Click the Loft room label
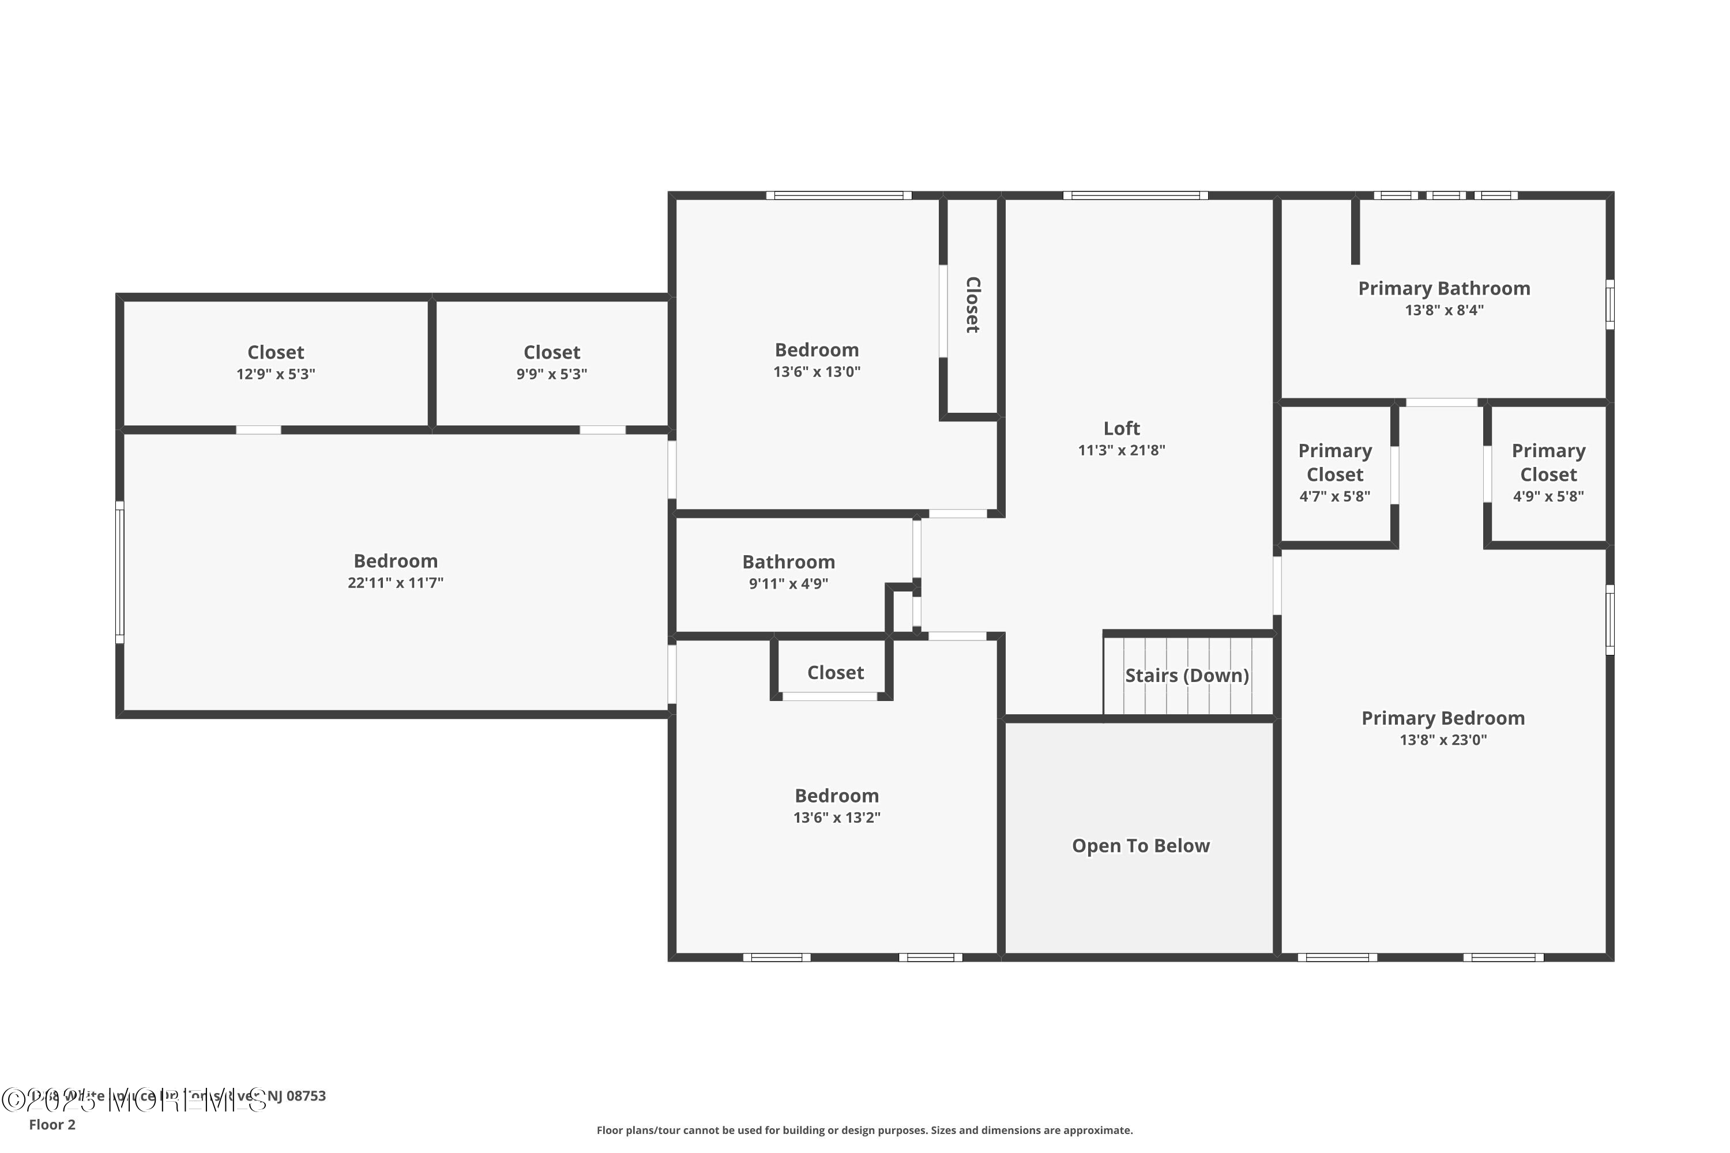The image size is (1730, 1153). (x=1121, y=428)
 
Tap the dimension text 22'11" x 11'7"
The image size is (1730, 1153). (x=395, y=583)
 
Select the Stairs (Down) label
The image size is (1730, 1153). (x=1186, y=675)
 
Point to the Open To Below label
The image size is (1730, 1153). (x=1140, y=846)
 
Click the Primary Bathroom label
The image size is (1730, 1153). (x=1443, y=288)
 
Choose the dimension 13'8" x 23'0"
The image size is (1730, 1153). (x=1442, y=740)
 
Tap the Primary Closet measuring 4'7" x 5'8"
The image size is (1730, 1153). (x=1334, y=472)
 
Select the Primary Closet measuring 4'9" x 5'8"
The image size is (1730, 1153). (x=1548, y=472)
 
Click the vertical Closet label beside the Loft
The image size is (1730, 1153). (x=972, y=304)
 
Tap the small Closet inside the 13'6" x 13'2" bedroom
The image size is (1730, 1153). (x=835, y=673)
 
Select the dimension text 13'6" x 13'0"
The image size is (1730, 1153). (x=817, y=372)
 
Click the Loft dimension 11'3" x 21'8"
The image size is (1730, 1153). (x=1121, y=451)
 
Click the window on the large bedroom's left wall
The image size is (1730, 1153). (x=120, y=572)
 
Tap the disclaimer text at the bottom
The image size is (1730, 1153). (x=864, y=1130)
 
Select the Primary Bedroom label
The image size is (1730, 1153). (x=1442, y=718)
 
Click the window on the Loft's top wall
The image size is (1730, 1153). (x=1135, y=195)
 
